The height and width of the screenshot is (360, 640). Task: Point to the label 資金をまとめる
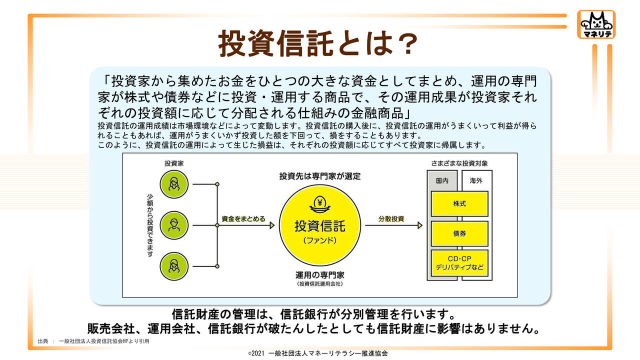tap(243, 219)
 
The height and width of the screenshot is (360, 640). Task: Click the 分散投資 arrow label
tap(391, 219)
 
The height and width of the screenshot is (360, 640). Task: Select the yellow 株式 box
tap(459, 204)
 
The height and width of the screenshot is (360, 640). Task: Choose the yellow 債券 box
tap(459, 233)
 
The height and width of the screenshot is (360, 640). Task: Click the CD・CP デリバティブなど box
tap(459, 263)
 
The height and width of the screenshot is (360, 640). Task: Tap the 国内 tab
tap(442, 180)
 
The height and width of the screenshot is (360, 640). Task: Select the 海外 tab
tap(475, 180)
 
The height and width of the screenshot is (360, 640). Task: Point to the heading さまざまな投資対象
tap(459, 163)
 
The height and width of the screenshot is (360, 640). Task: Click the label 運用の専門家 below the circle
tap(319, 275)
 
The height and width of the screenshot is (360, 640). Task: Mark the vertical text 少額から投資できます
tap(150, 224)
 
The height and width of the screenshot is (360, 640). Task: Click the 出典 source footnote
tap(93, 341)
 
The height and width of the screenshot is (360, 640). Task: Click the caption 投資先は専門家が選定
tap(319, 176)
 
